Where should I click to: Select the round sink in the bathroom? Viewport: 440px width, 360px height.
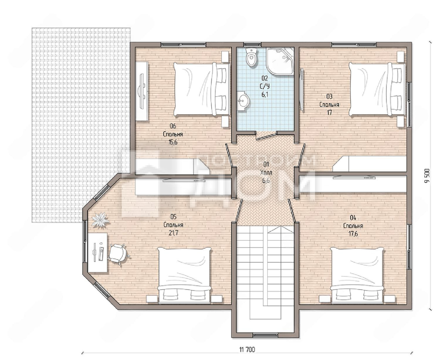click(x=243, y=102)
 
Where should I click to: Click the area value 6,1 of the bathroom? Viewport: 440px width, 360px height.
click(x=265, y=94)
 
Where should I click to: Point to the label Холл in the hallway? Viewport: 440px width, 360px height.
click(x=266, y=173)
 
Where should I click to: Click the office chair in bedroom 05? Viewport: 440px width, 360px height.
click(x=118, y=254)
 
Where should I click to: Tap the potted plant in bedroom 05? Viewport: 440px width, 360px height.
click(x=101, y=219)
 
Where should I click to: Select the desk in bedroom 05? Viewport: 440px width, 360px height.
click(x=98, y=253)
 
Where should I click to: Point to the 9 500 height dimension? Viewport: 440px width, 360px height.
click(x=427, y=176)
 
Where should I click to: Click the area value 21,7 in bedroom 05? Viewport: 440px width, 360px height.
click(x=173, y=233)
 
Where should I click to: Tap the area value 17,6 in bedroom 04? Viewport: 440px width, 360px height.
click(x=353, y=234)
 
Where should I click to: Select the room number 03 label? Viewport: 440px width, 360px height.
click(x=329, y=97)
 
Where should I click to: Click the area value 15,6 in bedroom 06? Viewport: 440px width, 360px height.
click(x=173, y=142)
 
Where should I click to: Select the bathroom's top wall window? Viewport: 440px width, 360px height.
click(x=252, y=45)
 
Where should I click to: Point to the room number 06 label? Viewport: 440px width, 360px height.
click(x=173, y=126)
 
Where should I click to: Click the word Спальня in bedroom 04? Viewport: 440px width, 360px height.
click(x=353, y=226)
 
